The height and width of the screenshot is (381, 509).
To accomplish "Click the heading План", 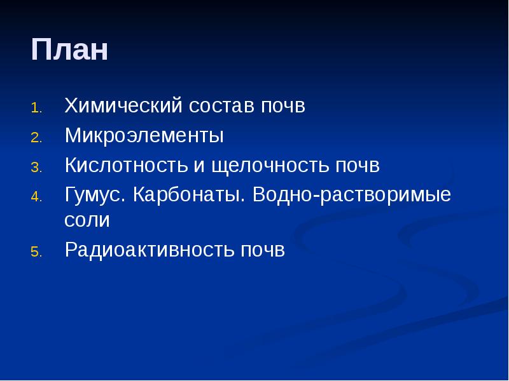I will point(69,50).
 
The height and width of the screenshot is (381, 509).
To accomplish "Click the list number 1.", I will point(36,107).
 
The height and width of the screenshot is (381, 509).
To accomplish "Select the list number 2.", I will point(36,137).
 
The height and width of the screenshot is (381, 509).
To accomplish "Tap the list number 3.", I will point(36,167).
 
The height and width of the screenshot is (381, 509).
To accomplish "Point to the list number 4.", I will point(36,197).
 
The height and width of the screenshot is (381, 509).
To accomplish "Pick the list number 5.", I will point(36,252).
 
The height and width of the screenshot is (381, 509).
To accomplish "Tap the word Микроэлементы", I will point(144,136).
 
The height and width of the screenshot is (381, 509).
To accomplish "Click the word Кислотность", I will point(127,166).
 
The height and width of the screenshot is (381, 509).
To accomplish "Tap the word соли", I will point(87,221).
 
